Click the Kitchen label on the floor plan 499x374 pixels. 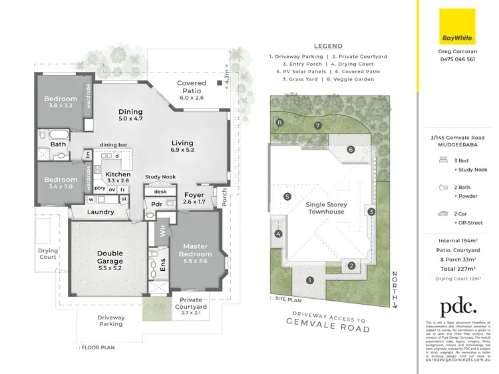[118, 174]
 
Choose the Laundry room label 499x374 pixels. [100, 212]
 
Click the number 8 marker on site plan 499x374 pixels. [280, 122]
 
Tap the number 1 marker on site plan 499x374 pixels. [309, 280]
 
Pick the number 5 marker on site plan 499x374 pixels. [287, 197]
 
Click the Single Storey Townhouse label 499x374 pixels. [325, 208]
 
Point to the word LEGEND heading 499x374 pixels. [328, 47]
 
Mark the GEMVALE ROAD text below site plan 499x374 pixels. [327, 329]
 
